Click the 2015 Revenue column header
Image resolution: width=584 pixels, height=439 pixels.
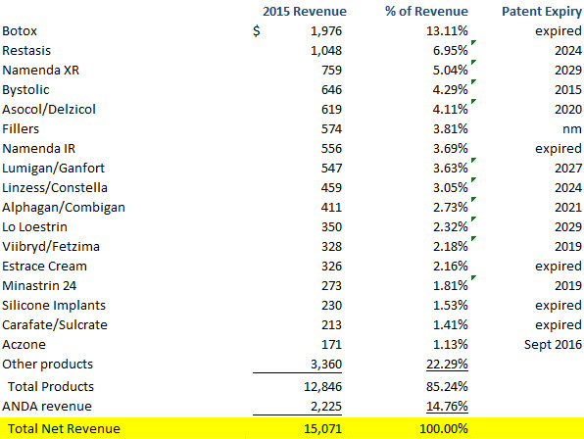305,11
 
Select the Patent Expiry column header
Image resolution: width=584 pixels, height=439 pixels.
542,12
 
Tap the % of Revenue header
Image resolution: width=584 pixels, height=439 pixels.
426,11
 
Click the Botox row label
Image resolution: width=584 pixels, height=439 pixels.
20,31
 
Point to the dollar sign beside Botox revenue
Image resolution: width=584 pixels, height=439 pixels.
257,31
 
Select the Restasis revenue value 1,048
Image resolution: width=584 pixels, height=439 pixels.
326,51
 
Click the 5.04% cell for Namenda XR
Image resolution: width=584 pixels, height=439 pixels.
450,70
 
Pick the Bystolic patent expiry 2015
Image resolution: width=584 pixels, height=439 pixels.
568,90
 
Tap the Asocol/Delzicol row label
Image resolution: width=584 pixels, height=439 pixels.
49,110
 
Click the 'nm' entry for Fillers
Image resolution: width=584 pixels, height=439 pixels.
572,129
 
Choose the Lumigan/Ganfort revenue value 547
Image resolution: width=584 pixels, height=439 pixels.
331,169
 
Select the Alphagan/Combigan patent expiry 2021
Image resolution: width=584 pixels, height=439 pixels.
568,208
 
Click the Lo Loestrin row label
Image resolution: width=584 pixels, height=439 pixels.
34,227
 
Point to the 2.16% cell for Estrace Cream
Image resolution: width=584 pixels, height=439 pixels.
450,267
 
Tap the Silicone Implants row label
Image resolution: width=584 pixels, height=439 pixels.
54,306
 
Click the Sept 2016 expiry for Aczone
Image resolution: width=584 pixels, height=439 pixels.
553,345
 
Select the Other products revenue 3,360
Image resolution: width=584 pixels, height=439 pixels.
326,365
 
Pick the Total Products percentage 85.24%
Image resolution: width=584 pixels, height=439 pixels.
447,387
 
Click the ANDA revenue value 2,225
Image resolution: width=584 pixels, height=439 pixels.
326,407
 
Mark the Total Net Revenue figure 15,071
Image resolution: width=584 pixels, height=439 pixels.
323,429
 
